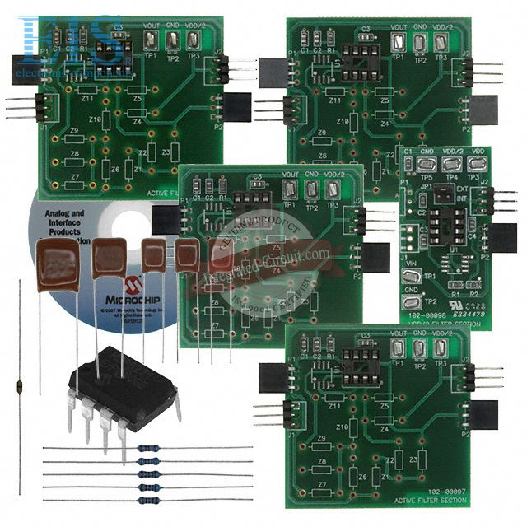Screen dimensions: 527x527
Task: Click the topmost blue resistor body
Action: click(149, 448)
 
